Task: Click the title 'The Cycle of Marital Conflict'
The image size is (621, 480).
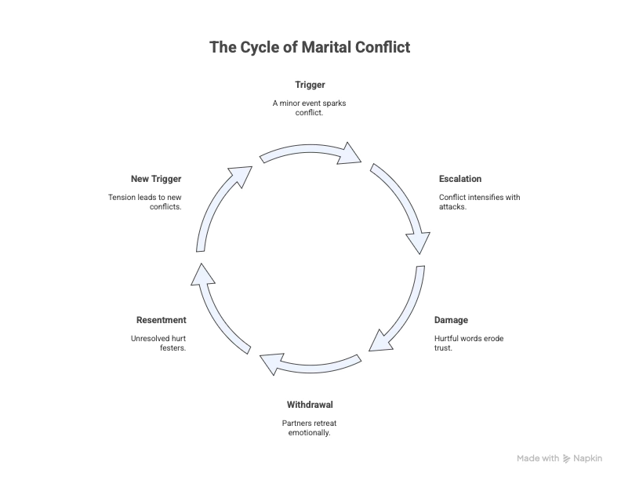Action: coord(310,48)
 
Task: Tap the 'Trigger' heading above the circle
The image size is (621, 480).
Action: coord(310,85)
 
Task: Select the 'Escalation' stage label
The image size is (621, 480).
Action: coord(460,179)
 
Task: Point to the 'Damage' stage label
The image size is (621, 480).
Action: coord(451,320)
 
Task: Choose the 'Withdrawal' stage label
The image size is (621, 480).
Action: coord(310,405)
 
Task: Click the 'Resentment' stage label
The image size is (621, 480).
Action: coord(162,320)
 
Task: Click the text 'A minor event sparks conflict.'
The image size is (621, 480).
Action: coord(310,107)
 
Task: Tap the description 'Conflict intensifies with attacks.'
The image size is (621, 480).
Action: coord(479,202)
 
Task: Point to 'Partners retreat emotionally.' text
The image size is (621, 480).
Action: coord(310,427)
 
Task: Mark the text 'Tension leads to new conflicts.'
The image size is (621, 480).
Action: coord(146,202)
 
